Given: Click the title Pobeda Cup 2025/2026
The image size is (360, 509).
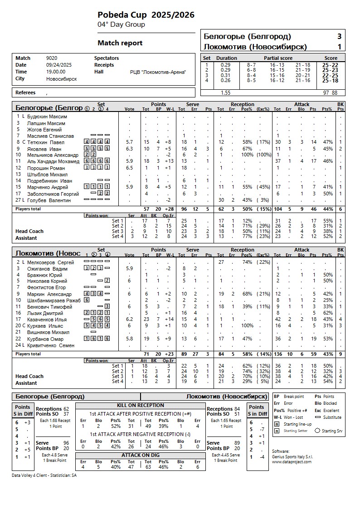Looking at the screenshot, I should pyautogui.click(x=146, y=15).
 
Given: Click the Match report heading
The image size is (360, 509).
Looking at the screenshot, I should pyautogui.click(x=120, y=43).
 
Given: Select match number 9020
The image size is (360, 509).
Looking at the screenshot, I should pyautogui.click(x=52, y=58).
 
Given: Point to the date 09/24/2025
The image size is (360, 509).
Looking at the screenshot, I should pyautogui.click(x=59, y=65).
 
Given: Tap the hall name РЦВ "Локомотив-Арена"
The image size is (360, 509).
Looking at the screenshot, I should pyautogui.click(x=158, y=72).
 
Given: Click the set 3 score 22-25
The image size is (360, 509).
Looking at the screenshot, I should pyautogui.click(x=330, y=75).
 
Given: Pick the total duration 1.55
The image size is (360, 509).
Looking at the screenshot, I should pyautogui.click(x=225, y=93).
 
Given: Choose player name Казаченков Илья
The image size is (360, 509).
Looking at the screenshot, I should pyautogui.click(x=47, y=320).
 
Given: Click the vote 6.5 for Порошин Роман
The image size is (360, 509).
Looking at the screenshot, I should pyautogui.click(x=129, y=168).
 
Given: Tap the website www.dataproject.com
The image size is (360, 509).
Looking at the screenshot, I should pyautogui.click(x=292, y=462).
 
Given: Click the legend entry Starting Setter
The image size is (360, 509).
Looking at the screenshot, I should pyautogui.click(x=296, y=431).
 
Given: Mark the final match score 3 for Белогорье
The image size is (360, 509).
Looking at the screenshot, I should pyautogui.click(x=339, y=37).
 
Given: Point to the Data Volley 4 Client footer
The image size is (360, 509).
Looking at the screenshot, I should pyautogui.click(x=44, y=475).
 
